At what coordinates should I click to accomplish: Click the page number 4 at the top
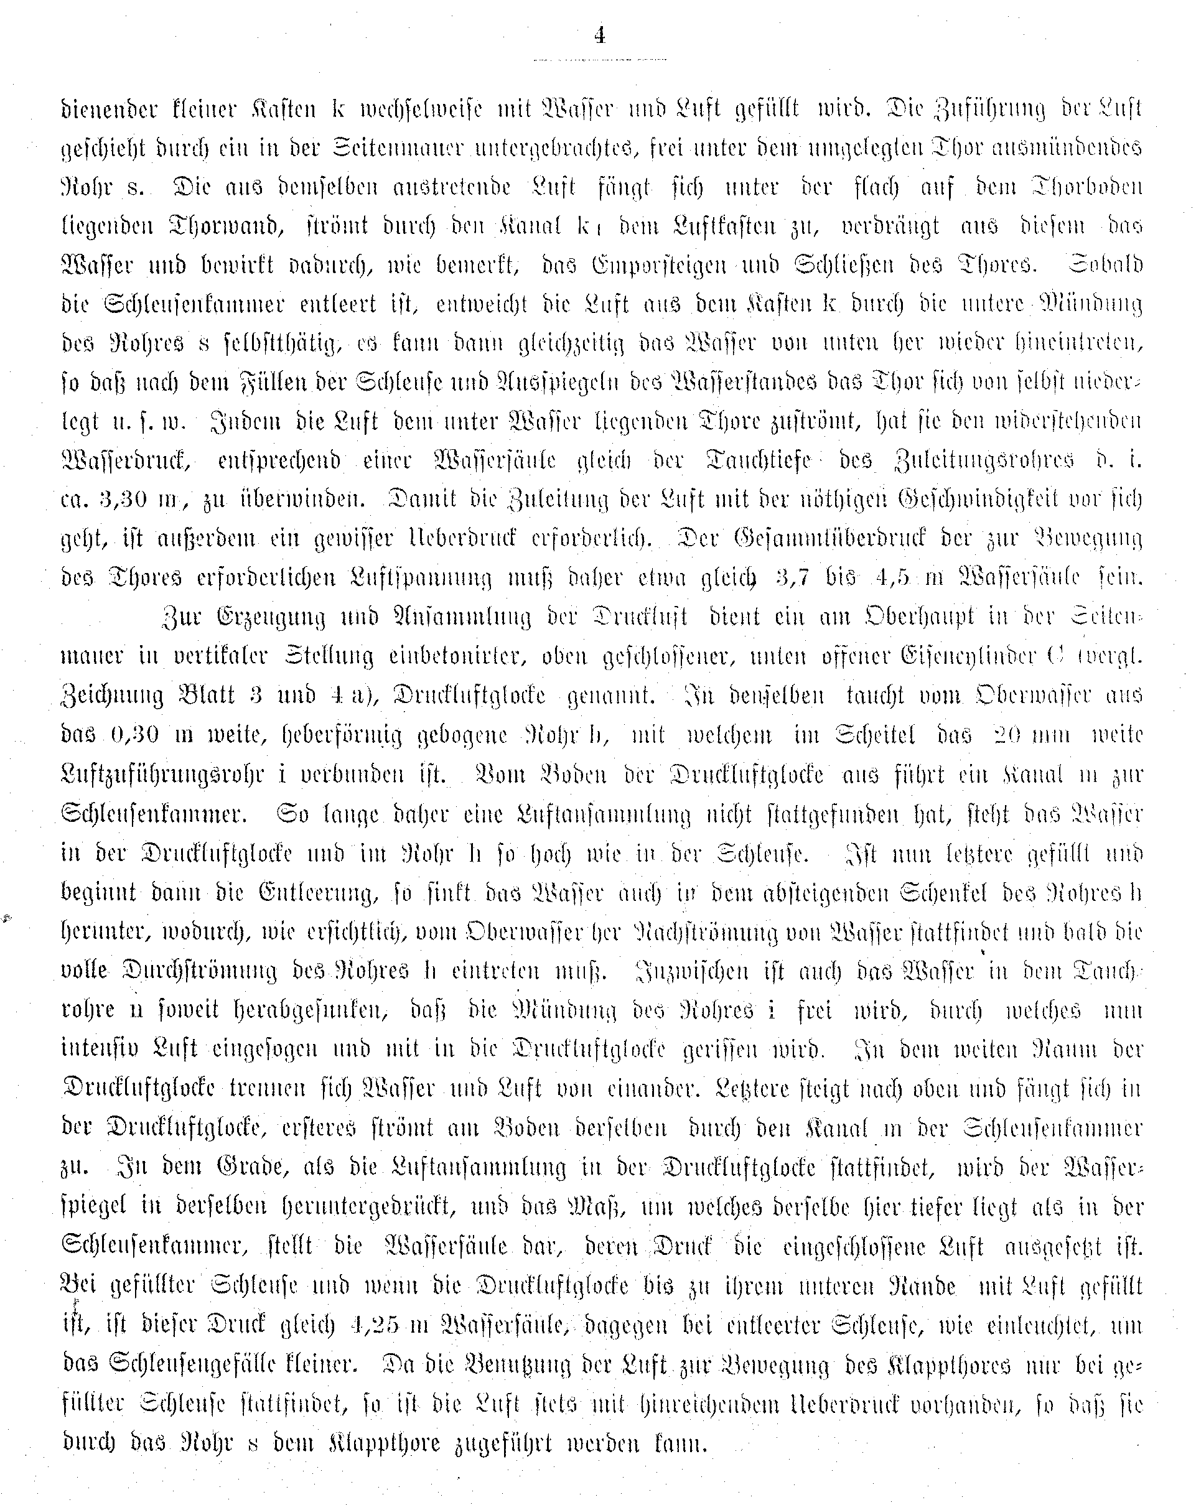[x=599, y=35]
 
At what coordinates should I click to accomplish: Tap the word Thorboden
[x=1086, y=188]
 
